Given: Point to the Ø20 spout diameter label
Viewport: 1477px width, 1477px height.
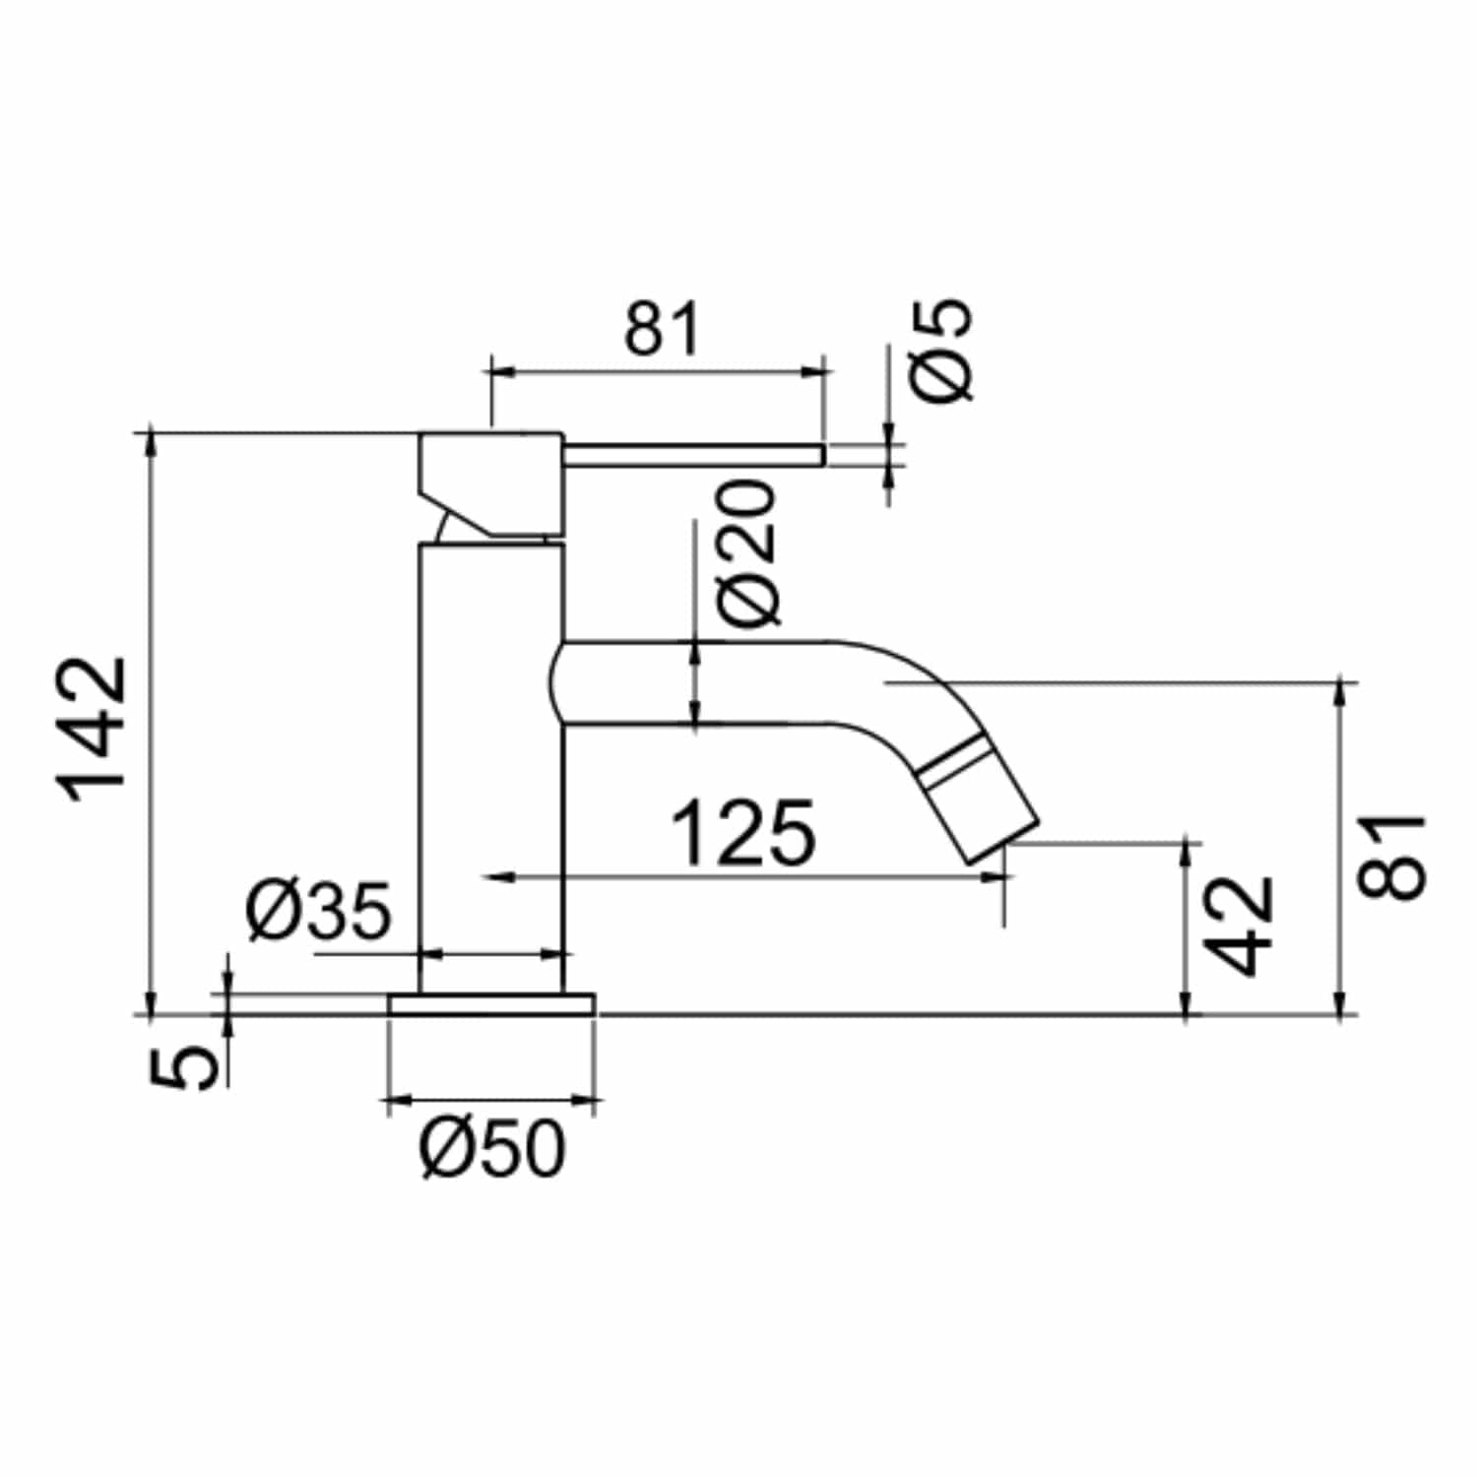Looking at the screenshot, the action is [x=748, y=552].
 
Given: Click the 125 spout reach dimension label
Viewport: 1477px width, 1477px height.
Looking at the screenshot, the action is [x=743, y=833].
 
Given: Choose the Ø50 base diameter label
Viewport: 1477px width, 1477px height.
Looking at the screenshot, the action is [x=493, y=1148].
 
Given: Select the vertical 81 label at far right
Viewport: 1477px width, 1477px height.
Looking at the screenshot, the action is [x=1391, y=856].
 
